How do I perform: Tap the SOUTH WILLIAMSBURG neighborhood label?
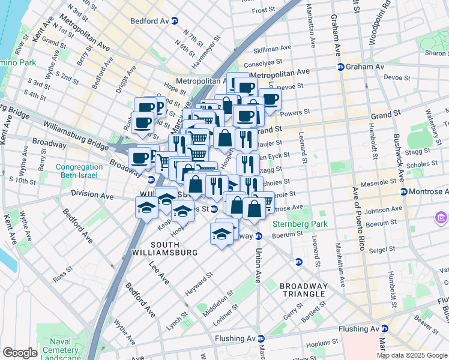173,248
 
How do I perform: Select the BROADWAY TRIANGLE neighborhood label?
303,290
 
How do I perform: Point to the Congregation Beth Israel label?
80,172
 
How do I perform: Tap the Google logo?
20,353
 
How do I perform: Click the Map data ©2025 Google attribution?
412,355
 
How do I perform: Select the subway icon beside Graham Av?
340,67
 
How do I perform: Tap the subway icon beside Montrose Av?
403,192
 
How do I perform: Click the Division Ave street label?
92,194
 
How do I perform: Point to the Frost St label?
263,11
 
